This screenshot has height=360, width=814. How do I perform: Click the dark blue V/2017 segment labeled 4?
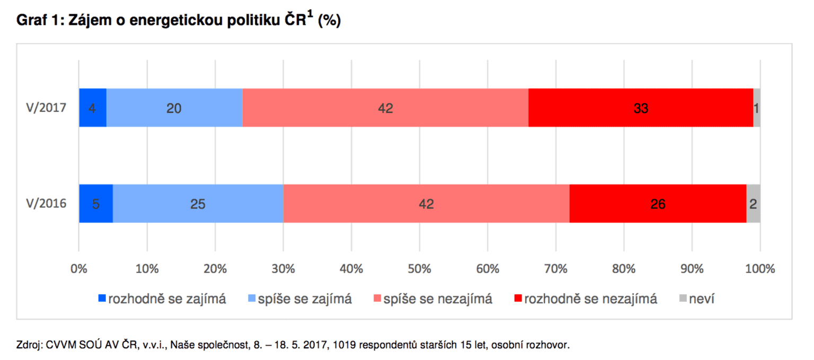coord(93,108)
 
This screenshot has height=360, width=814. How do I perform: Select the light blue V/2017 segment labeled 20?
coord(174,108)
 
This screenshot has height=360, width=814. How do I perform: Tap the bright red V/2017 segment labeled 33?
coord(641,108)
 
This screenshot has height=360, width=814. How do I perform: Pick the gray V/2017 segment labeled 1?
coord(757,108)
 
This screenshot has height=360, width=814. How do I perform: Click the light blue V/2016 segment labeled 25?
coord(198,204)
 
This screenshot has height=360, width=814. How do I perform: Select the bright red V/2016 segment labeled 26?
coord(658,204)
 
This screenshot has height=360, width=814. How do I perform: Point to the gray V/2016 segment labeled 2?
coord(754,204)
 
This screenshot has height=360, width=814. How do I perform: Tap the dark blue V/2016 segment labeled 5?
coord(96,204)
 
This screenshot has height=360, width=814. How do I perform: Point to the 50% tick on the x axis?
coord(419,269)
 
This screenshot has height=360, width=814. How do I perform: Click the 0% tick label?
coord(78,269)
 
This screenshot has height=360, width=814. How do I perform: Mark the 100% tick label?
coord(760,269)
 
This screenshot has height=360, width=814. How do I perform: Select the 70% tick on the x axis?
coord(555,269)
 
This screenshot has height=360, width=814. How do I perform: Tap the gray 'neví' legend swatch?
coord(683,299)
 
